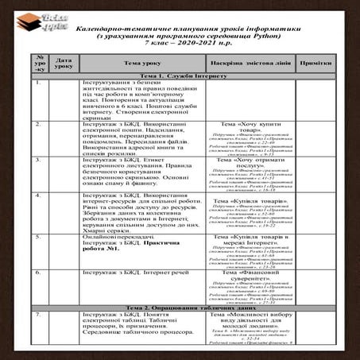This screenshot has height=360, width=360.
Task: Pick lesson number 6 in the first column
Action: tap(39, 272)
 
